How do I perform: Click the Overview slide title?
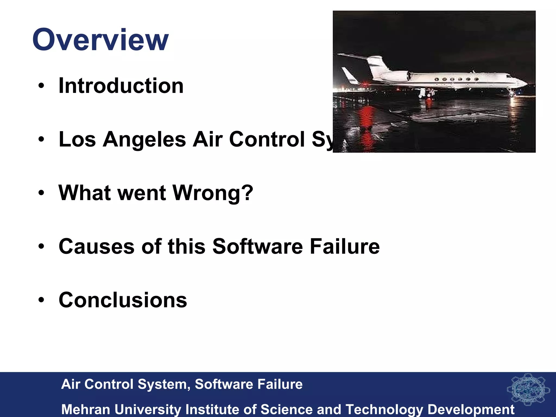pyautogui.click(x=100, y=40)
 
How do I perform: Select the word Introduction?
pyautogui.click(x=121, y=86)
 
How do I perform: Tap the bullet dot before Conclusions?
pyautogui.click(x=41, y=300)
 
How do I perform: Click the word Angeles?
pyautogui.click(x=144, y=139)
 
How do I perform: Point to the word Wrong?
pyautogui.click(x=213, y=193)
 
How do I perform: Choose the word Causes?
pyautogui.click(x=97, y=247)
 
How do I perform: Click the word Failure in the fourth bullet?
pyautogui.click(x=345, y=247)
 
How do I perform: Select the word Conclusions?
pyautogui.click(x=123, y=300)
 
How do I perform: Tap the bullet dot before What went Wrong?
pyautogui.click(x=41, y=193)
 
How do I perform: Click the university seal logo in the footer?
pyautogui.click(x=528, y=390)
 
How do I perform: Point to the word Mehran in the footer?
pyautogui.click(x=86, y=409)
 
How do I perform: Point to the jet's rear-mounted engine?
pyautogui.click(x=395, y=76)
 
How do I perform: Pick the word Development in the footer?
pyautogui.click(x=471, y=409)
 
